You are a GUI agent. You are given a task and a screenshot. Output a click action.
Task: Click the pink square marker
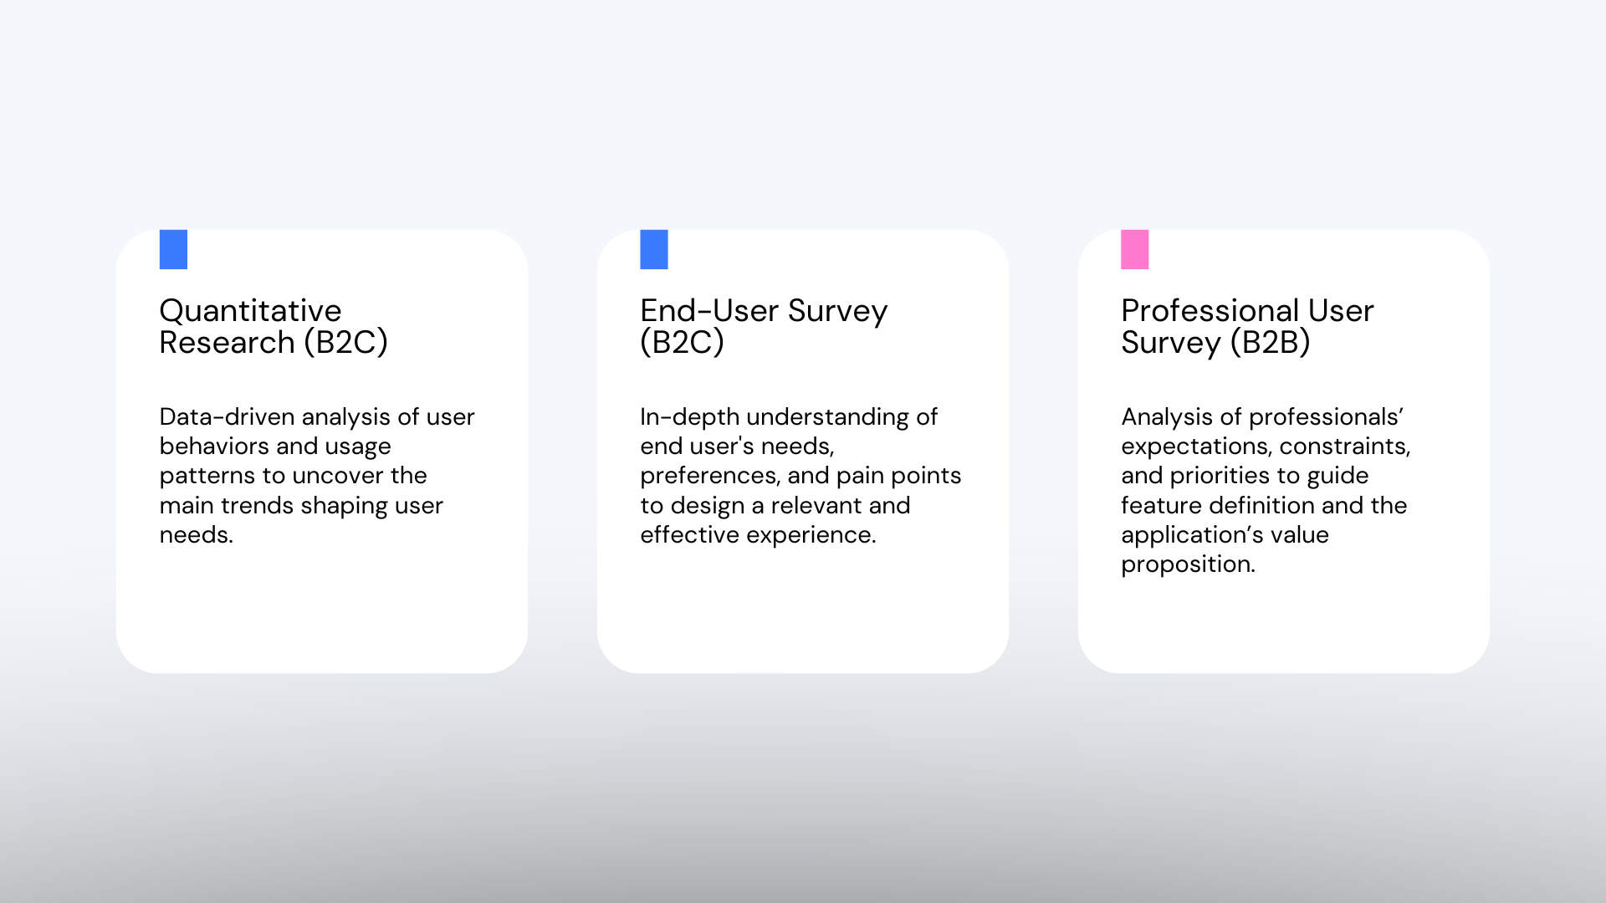pyautogui.click(x=1134, y=249)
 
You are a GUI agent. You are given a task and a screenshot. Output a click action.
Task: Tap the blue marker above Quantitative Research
pyautogui.click(x=173, y=249)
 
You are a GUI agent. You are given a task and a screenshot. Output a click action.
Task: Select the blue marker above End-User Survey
pyautogui.click(x=654, y=249)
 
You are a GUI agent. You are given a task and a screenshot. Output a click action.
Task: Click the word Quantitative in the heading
pyautogui.click(x=250, y=311)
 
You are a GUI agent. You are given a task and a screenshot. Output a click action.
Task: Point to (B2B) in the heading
pyautogui.click(x=1270, y=343)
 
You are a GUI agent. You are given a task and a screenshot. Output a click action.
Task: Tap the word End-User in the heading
pyautogui.click(x=709, y=311)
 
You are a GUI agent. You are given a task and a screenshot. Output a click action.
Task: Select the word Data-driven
pyautogui.click(x=227, y=416)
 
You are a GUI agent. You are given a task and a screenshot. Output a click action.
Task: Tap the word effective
pyautogui.click(x=689, y=535)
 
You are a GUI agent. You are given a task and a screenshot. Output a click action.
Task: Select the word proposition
pyautogui.click(x=1188, y=565)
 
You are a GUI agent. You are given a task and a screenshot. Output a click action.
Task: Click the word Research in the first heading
pyautogui.click(x=227, y=343)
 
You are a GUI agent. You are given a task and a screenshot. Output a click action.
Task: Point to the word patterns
pyautogui.click(x=207, y=477)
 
